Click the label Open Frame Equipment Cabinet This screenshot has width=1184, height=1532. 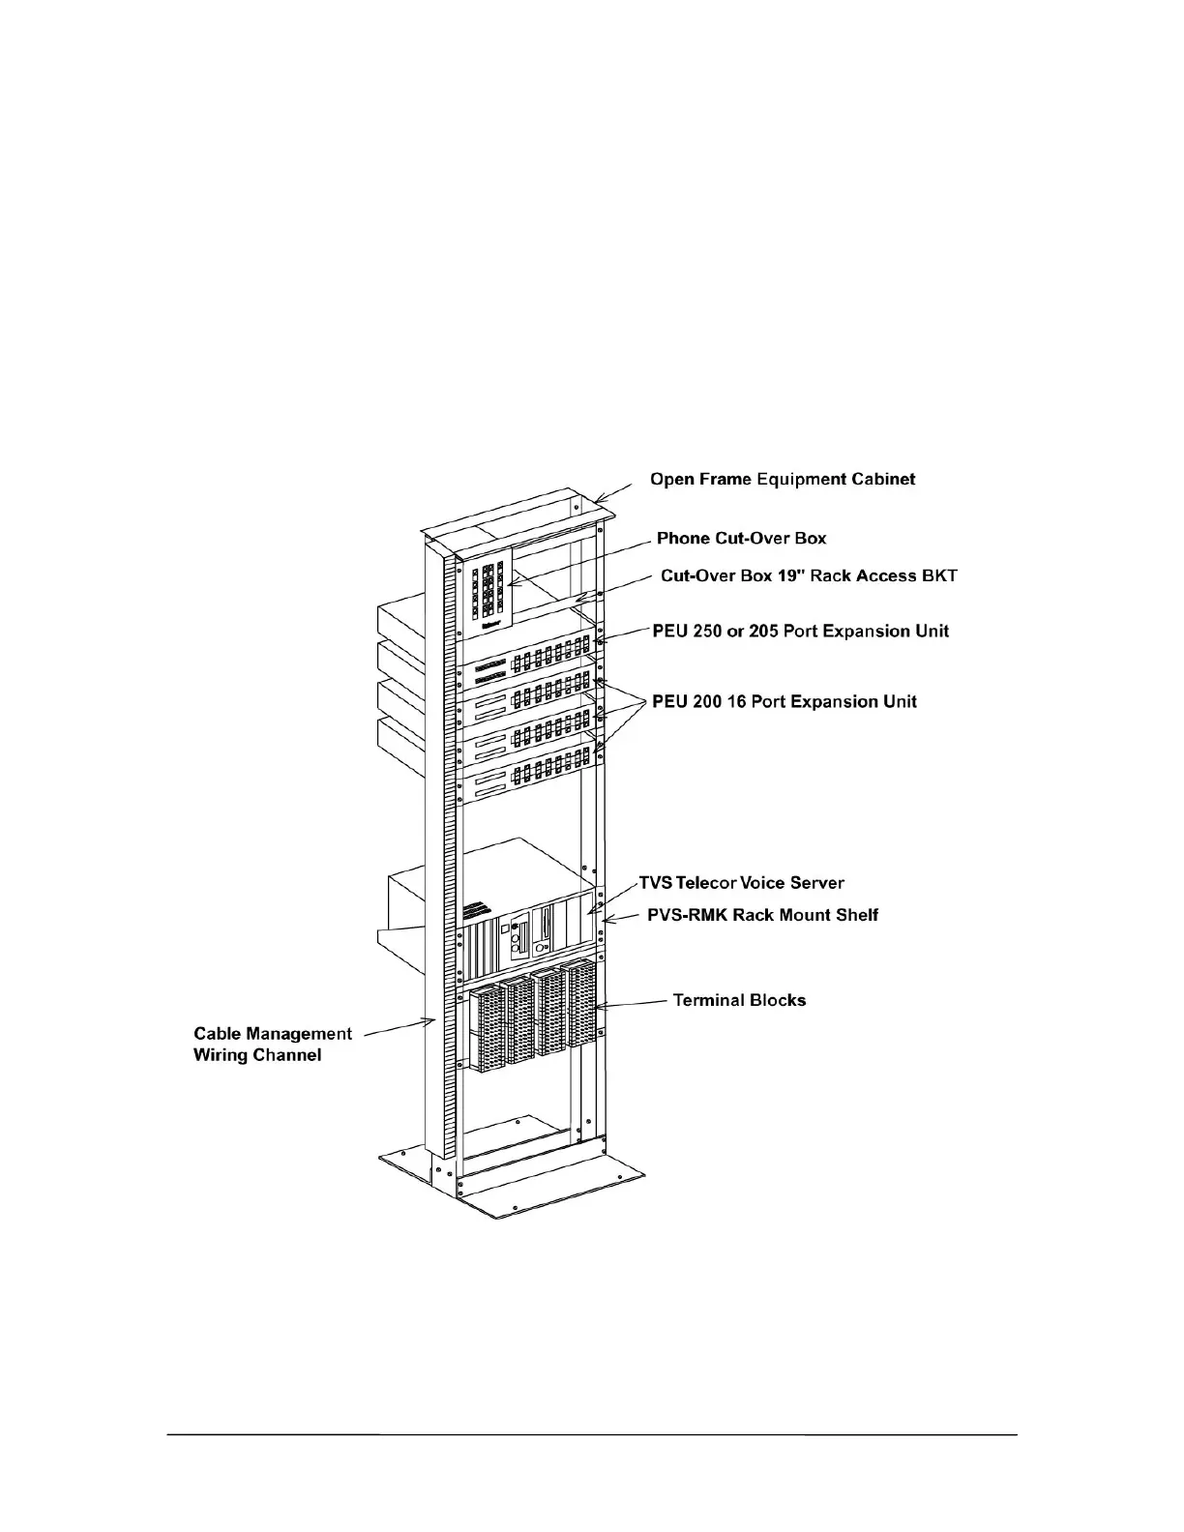click(x=782, y=479)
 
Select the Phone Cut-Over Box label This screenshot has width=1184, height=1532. click(x=741, y=538)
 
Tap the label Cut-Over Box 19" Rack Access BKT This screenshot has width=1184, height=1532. click(x=809, y=575)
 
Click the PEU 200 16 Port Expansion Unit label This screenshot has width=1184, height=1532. click(x=784, y=701)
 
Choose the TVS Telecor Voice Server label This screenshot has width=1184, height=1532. click(x=741, y=883)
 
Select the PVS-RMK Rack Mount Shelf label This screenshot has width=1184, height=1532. click(x=762, y=915)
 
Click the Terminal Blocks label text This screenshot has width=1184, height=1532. click(x=739, y=1000)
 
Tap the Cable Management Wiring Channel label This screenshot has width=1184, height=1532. click(x=272, y=1045)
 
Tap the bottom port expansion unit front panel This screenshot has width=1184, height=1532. click(x=527, y=779)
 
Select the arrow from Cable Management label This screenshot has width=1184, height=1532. click(x=395, y=1026)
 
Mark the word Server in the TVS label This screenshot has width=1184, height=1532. click(x=817, y=883)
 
